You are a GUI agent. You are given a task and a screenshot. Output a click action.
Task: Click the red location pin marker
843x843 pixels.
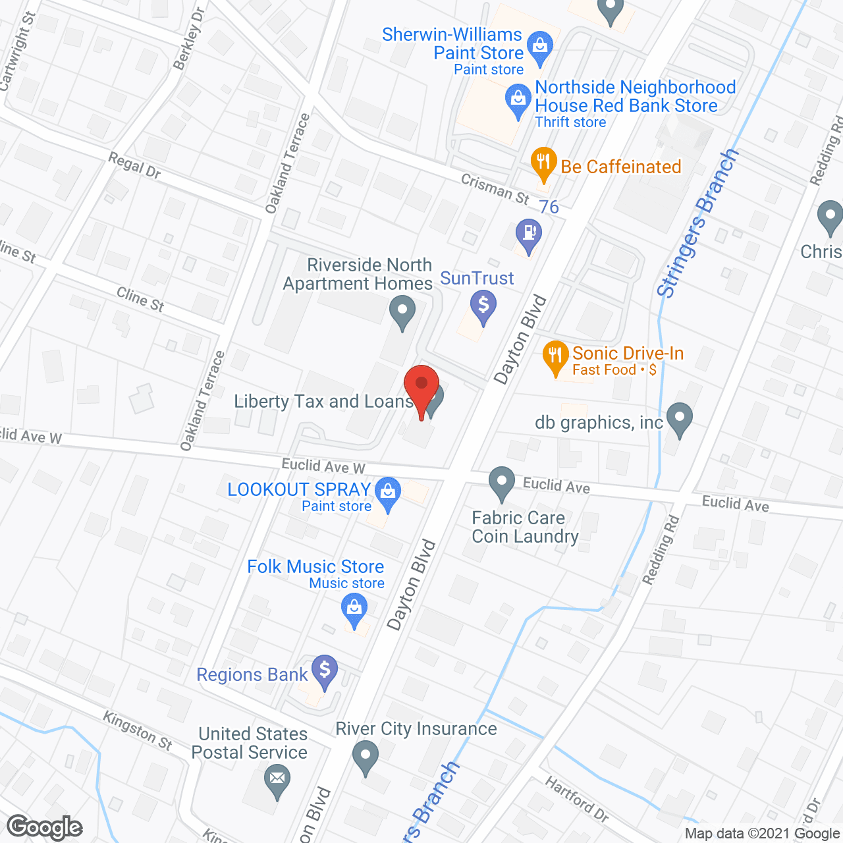(421, 385)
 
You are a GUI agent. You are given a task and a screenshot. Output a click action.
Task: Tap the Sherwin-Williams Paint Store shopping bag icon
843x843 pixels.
(540, 47)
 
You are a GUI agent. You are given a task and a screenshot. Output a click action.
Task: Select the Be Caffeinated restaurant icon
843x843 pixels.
(543, 162)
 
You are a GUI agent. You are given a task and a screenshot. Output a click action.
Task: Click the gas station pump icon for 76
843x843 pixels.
(529, 234)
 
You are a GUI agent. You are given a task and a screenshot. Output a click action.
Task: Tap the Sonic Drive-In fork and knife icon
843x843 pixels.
(556, 356)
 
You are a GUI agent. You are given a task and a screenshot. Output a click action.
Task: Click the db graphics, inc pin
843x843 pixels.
(679, 418)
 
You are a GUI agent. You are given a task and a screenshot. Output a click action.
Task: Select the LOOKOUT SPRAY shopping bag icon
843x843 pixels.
(388, 493)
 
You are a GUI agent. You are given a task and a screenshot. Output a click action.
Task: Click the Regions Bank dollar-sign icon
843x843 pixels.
(324, 670)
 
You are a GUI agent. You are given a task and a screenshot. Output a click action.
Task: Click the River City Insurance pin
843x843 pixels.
(366, 755)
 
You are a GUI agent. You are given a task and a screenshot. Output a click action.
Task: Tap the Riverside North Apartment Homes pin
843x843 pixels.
(402, 310)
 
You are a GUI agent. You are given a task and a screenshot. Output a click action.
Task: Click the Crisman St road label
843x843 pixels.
(495, 189)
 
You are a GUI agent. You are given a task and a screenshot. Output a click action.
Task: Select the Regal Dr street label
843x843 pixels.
(134, 165)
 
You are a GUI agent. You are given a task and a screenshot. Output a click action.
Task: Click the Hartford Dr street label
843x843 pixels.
(577, 799)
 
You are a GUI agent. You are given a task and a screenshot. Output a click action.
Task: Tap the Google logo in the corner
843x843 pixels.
(45, 827)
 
